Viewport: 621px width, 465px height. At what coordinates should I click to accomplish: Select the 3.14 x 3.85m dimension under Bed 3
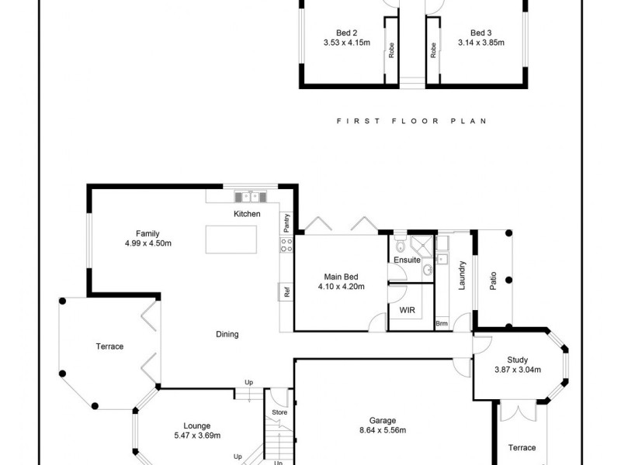(481, 43)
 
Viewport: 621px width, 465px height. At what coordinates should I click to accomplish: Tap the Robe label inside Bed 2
(391, 51)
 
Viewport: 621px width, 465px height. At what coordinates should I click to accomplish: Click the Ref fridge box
(286, 293)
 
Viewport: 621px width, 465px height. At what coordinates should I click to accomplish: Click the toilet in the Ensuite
(400, 246)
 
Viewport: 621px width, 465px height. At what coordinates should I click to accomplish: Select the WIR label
(406, 309)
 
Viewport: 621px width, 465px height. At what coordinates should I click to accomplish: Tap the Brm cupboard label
(442, 323)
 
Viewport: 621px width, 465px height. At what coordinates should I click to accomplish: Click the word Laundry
(461, 275)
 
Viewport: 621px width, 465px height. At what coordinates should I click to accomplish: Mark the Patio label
(493, 280)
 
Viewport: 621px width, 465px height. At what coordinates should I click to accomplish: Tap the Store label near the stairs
(279, 412)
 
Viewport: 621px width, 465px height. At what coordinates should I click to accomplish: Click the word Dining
(227, 335)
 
